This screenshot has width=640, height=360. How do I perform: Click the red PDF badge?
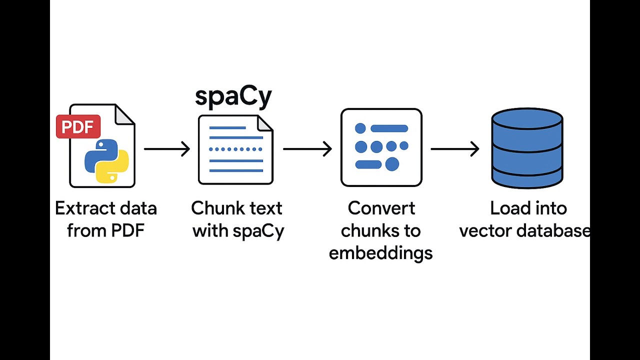coord(78,126)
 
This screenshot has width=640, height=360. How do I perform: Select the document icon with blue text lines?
coord(235,150)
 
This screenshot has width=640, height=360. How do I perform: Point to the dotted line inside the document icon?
coord(235,149)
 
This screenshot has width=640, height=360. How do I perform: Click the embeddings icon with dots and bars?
coord(381,147)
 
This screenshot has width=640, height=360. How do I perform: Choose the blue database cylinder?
coord(527,148)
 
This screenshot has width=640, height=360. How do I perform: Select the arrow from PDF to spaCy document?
coord(167,149)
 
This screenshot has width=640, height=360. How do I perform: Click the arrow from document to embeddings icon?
coord(307,149)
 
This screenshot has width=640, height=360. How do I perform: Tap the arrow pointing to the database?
coord(455,149)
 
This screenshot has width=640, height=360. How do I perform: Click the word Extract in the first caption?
coord(81,208)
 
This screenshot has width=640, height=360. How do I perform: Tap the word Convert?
coord(381,208)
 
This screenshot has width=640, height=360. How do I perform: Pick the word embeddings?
coord(380,253)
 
